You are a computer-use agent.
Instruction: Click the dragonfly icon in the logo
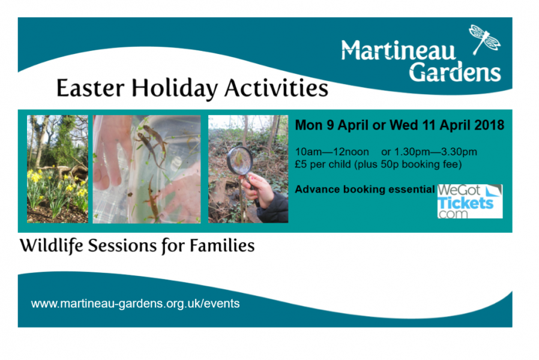pyautogui.click(x=485, y=39)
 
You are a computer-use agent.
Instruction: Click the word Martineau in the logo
pyautogui.click(x=399, y=50)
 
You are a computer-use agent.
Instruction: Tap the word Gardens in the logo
pyautogui.click(x=455, y=72)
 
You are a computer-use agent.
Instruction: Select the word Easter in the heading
pyautogui.click(x=90, y=88)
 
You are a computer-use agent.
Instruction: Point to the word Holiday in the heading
pyautogui.click(x=175, y=89)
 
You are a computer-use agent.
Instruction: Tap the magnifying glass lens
pyautogui.click(x=239, y=160)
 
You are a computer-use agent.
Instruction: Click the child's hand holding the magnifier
pyautogui.click(x=257, y=189)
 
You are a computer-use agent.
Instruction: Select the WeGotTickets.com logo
pyautogui.click(x=469, y=201)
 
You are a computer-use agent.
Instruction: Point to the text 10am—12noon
pyautogui.click(x=332, y=152)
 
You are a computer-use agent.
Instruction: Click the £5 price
pyautogui.click(x=301, y=164)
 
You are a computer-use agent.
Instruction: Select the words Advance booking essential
pyautogui.click(x=365, y=189)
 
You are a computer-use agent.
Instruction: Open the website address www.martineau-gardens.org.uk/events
pyautogui.click(x=135, y=304)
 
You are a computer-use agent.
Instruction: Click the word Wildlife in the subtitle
pyautogui.click(x=51, y=246)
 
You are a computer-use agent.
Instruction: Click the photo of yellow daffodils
pyautogui.click(x=58, y=169)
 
